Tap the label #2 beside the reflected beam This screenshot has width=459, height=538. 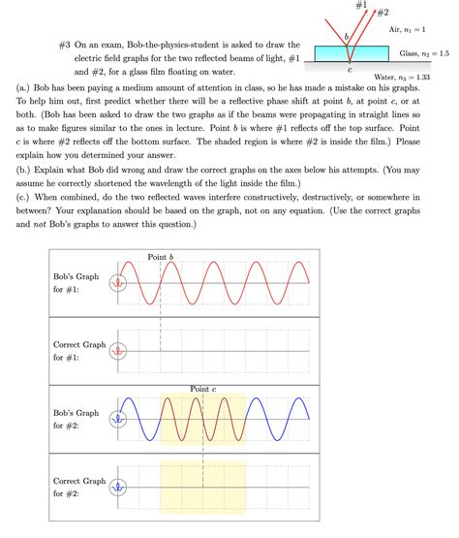pyautogui.click(x=383, y=13)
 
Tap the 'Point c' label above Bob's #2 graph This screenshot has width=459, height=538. pyautogui.click(x=202, y=388)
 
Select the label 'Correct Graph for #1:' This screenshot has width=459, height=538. pyautogui.click(x=79, y=351)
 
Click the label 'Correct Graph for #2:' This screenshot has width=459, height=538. pyautogui.click(x=79, y=488)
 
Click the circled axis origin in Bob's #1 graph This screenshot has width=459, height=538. pyautogui.click(x=118, y=283)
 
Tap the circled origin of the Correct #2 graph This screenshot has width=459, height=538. pyautogui.click(x=118, y=488)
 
